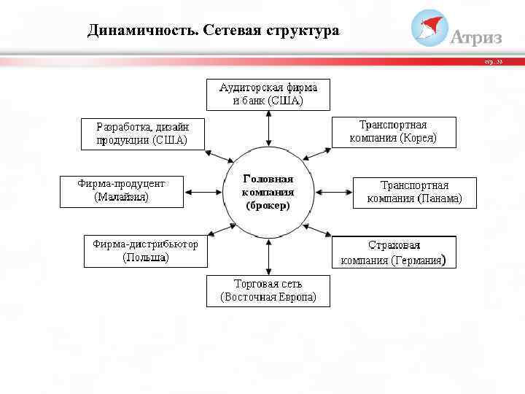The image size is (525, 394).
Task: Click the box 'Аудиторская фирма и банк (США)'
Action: [268, 93]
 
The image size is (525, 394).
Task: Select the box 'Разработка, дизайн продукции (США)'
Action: [142, 133]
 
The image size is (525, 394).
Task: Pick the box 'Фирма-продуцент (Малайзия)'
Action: [121, 190]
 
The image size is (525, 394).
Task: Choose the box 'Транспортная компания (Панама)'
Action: [414, 192]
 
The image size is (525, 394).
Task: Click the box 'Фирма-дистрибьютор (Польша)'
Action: [145, 250]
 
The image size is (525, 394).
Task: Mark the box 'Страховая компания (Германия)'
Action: [394, 252]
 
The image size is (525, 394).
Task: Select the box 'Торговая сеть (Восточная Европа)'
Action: [268, 290]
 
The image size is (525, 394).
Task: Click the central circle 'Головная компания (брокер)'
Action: [268, 192]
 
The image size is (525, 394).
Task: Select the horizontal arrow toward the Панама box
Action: [333, 191]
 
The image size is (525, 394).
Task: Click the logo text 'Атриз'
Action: [477, 37]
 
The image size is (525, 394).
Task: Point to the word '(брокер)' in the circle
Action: [268, 206]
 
